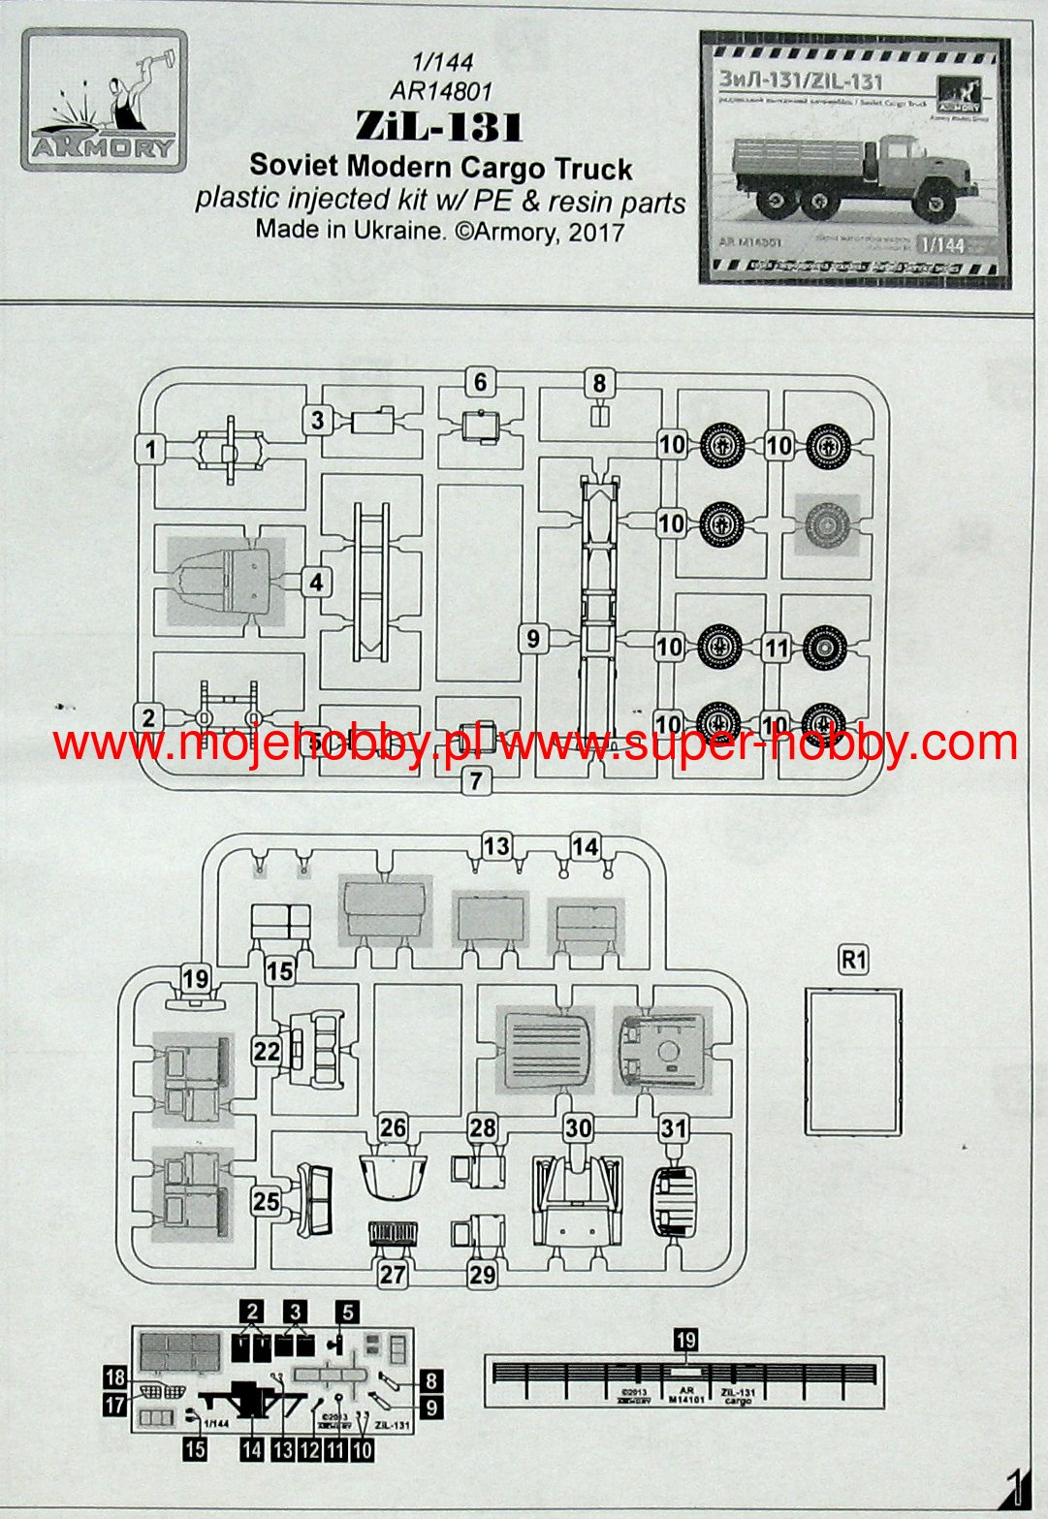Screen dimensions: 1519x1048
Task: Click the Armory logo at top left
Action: [103, 101]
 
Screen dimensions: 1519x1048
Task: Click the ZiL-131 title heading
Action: [439, 127]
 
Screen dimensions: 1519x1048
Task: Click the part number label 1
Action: [150, 450]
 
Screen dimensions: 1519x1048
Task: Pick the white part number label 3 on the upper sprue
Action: [317, 420]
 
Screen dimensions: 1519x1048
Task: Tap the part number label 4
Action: [316, 583]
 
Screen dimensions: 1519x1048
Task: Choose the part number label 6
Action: [480, 382]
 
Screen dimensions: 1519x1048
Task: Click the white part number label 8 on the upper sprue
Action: [599, 384]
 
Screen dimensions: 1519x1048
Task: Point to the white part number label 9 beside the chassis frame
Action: [532, 639]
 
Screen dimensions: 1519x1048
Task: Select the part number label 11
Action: [776, 647]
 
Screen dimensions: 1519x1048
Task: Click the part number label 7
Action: [474, 779]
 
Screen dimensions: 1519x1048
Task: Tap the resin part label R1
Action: [853, 960]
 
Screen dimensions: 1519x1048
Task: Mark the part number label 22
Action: [267, 1051]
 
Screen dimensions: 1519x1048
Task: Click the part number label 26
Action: [393, 1127]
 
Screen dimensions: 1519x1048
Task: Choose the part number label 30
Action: [578, 1127]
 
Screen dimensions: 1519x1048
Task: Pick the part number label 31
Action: [674, 1127]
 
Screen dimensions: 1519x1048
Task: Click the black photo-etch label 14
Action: [252, 1449]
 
